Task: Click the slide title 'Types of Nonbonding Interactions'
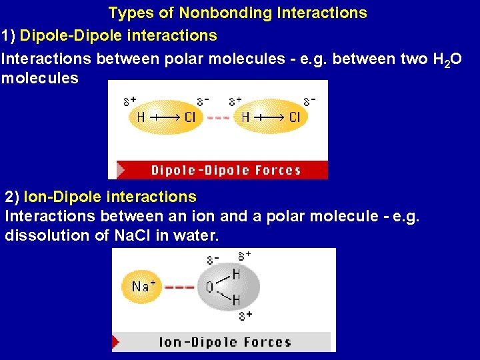(x=237, y=13)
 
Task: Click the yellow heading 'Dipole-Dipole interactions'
(x=119, y=35)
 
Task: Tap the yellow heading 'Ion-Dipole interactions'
(x=110, y=197)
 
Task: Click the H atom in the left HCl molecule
(x=141, y=117)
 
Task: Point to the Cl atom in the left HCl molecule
(x=190, y=117)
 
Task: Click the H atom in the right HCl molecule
(x=245, y=117)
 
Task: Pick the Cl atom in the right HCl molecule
(x=295, y=117)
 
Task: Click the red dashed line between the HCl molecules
(x=218, y=117)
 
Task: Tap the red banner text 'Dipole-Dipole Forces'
(x=226, y=170)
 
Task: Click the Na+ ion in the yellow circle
(x=143, y=287)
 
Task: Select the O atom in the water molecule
(x=209, y=287)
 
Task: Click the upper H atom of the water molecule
(x=236, y=274)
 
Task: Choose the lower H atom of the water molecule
(x=236, y=301)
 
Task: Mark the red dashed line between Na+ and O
(x=179, y=287)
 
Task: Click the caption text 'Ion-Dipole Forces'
(x=225, y=343)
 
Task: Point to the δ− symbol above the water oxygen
(x=213, y=259)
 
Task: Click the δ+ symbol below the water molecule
(x=245, y=315)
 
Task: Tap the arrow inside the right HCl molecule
(x=269, y=117)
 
